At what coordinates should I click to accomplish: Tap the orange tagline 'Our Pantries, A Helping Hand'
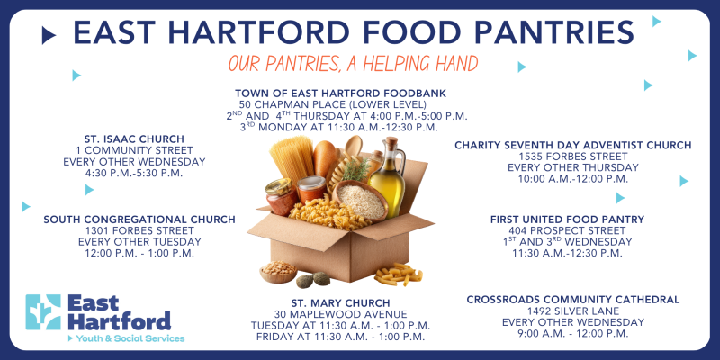click(353, 64)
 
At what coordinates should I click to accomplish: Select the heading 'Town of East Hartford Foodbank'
click(341, 94)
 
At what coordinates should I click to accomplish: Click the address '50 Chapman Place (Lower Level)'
click(333, 104)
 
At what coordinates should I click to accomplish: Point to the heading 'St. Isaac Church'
click(134, 139)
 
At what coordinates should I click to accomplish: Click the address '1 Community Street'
click(134, 150)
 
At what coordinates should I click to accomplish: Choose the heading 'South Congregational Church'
click(139, 220)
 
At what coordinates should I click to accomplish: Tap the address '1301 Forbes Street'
click(139, 231)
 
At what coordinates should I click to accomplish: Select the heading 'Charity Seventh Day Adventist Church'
click(573, 146)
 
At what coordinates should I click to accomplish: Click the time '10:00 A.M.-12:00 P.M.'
click(573, 179)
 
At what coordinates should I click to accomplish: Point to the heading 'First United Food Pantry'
click(568, 220)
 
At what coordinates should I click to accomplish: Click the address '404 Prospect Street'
click(568, 231)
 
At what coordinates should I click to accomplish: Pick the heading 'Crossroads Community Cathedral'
click(573, 300)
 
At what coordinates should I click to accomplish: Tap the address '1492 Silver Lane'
click(573, 311)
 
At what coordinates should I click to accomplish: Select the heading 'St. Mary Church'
click(341, 303)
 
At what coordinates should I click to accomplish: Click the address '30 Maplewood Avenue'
click(341, 314)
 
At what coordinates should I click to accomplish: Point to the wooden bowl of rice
click(361, 201)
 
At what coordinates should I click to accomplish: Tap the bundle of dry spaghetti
click(292, 159)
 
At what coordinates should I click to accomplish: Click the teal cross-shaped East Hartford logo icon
click(43, 312)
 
